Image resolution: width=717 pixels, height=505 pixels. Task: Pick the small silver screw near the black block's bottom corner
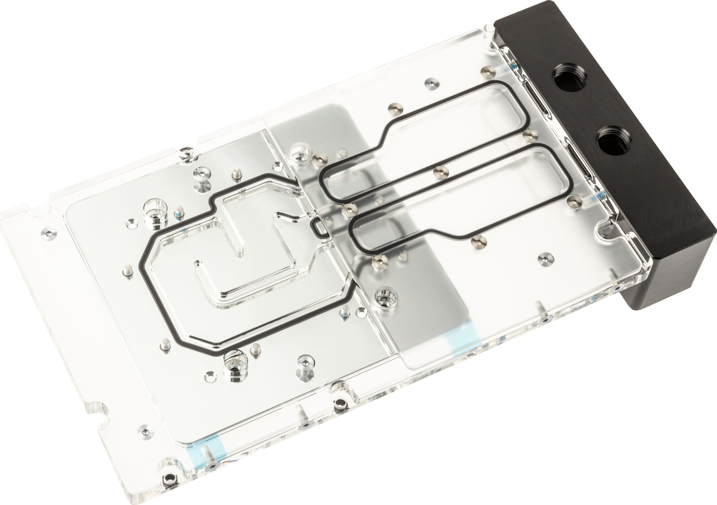(546, 258)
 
